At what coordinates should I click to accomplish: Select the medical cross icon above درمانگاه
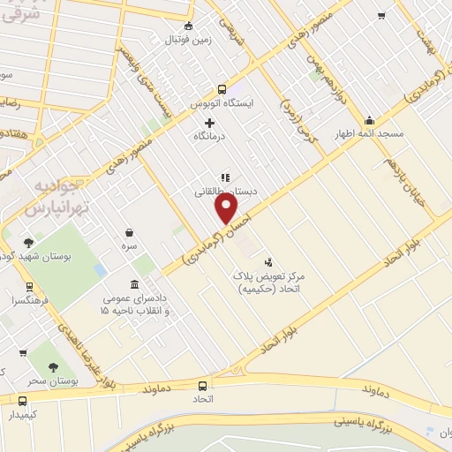209,123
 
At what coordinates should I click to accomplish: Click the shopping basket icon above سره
129,233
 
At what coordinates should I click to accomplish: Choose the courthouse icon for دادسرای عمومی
133,284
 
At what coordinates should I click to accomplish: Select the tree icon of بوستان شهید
28,243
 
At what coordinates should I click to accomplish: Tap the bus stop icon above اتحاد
203,386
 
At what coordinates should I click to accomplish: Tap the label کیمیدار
19,414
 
